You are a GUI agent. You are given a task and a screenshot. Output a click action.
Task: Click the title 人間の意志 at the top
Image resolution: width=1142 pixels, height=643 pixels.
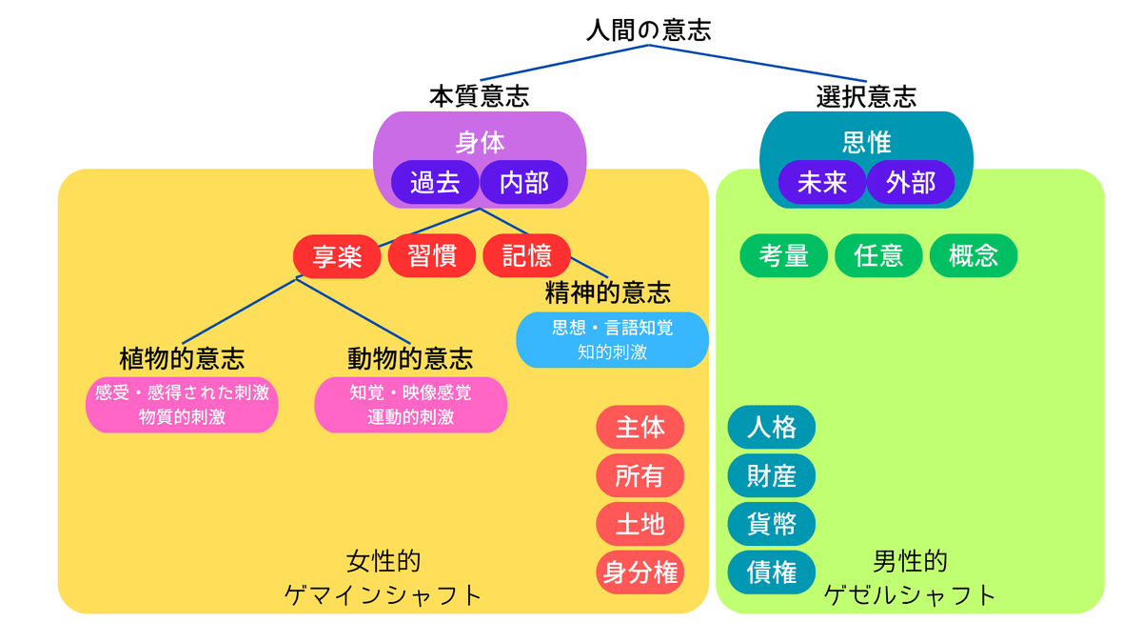(648, 30)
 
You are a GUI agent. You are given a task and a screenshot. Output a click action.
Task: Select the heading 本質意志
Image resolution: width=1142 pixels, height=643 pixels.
(480, 96)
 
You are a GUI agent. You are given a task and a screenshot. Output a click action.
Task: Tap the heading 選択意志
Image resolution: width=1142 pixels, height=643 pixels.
(866, 96)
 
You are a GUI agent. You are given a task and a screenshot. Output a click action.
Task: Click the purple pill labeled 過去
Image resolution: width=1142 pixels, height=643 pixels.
(435, 182)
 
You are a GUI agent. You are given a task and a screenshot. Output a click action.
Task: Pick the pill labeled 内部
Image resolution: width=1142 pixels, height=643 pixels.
(524, 182)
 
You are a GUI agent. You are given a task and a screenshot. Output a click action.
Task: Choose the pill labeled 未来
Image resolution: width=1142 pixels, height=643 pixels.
(822, 182)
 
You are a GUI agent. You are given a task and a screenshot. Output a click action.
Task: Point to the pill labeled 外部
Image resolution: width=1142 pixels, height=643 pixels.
(911, 182)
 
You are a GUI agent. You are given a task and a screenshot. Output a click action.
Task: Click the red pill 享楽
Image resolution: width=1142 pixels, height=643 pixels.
(337, 256)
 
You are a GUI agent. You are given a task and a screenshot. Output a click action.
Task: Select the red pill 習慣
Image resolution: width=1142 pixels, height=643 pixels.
(432, 255)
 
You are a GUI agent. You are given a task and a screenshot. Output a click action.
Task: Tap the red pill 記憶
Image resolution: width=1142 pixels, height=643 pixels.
(526, 255)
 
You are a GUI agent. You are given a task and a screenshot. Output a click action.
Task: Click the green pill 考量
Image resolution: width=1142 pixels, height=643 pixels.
(783, 255)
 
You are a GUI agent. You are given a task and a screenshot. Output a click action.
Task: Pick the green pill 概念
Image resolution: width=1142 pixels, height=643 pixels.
(974, 255)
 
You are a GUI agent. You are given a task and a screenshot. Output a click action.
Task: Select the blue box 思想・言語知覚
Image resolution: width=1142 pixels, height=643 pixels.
(612, 340)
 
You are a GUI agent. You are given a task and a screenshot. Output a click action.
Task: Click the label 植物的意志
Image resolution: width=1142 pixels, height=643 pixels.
(182, 358)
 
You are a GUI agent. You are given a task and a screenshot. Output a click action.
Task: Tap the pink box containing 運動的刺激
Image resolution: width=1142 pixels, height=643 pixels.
(410, 405)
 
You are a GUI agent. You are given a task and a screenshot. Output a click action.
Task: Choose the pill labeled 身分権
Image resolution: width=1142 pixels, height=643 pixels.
(640, 573)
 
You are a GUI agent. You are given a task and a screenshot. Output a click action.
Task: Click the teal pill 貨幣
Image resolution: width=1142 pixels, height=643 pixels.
(772, 524)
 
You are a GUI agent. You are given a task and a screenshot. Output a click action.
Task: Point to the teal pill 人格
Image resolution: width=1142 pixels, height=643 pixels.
(772, 427)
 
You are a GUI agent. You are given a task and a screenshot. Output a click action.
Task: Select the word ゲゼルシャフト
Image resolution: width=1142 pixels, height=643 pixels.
(910, 595)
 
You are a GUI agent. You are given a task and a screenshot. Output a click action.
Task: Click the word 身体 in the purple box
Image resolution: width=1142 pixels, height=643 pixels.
(480, 142)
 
